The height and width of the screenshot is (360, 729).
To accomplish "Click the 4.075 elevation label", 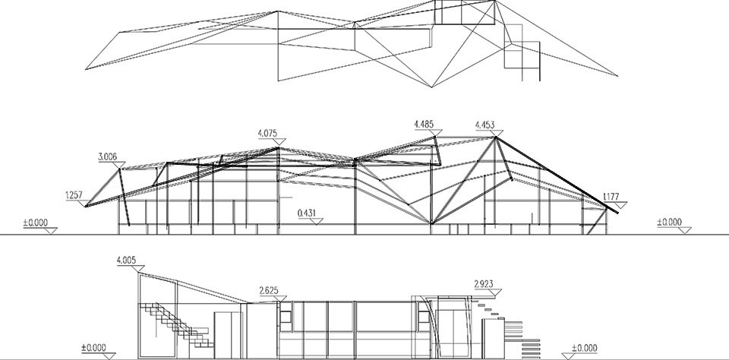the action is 268,134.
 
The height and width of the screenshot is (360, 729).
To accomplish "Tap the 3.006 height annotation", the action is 107,156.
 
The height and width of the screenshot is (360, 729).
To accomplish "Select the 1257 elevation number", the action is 74,196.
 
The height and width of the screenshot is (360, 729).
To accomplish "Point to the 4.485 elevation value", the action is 424,125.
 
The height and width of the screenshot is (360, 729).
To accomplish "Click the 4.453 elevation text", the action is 485,125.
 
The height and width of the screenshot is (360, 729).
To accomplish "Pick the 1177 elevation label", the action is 611,197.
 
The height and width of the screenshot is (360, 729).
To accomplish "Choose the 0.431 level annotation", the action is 306,213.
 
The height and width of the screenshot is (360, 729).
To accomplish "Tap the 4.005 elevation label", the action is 126,261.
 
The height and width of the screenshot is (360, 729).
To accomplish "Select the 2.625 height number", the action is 269,291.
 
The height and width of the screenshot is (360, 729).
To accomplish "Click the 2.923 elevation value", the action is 484,284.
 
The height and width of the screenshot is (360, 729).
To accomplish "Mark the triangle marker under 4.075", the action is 279,141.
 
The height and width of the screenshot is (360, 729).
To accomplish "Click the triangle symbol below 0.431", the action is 317,221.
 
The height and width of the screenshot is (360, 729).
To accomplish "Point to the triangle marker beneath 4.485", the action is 436,133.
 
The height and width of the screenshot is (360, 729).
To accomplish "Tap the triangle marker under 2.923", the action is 495,292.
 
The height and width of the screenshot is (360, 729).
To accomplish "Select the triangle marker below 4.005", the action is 137,269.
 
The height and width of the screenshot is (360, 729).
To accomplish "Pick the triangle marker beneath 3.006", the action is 119,165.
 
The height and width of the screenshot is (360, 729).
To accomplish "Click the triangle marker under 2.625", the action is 280,298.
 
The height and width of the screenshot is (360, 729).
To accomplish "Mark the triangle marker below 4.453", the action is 496,133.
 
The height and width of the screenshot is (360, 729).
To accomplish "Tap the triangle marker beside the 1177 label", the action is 620,204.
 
